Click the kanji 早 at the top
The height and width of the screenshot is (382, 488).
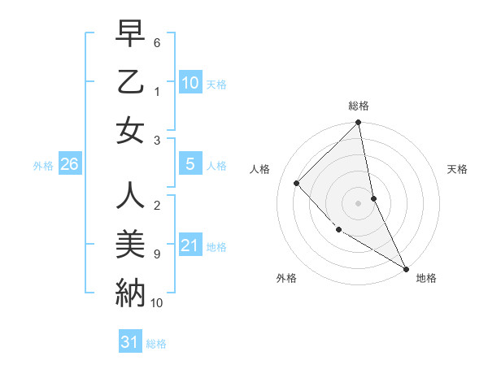(x=130, y=34)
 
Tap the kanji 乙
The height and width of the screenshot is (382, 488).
(x=130, y=81)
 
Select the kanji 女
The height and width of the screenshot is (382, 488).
(x=130, y=130)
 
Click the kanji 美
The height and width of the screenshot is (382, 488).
(x=130, y=243)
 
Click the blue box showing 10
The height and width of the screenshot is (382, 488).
(x=190, y=83)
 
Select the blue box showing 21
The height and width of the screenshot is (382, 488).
(x=190, y=245)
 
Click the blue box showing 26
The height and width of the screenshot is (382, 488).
(x=69, y=165)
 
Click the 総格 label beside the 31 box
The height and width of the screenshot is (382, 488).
(x=156, y=344)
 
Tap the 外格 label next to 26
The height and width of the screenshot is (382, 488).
(x=42, y=166)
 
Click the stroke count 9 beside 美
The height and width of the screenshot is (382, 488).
(x=157, y=254)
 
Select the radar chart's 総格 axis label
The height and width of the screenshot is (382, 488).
(x=358, y=106)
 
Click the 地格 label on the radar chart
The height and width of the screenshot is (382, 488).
(x=426, y=278)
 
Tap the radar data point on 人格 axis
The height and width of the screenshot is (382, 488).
(x=297, y=183)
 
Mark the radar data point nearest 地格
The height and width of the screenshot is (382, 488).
(x=405, y=268)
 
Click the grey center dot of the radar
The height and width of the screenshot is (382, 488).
(x=358, y=202)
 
